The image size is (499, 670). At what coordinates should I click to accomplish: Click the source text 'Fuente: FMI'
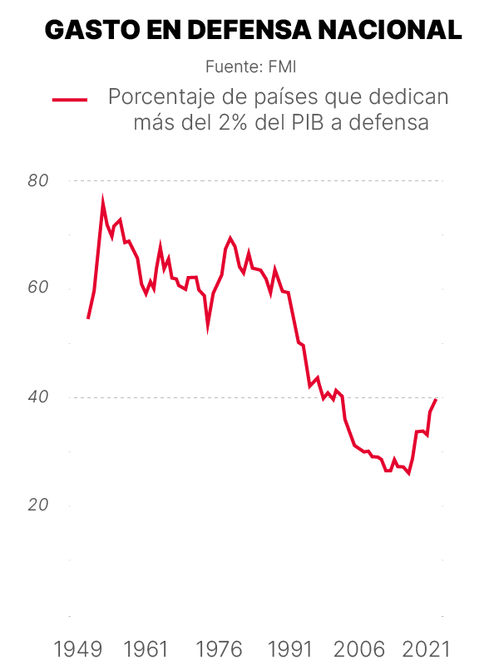pyautogui.click(x=250, y=66)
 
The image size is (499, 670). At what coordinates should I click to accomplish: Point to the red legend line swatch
pyautogui.click(x=70, y=99)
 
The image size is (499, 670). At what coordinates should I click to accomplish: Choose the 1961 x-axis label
pyautogui.click(x=151, y=648)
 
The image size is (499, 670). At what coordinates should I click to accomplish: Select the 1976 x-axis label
pyautogui.click(x=223, y=648)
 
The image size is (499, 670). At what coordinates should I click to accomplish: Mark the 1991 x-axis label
pyautogui.click(x=291, y=648)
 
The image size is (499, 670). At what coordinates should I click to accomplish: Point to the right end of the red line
pyautogui.click(x=437, y=399)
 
